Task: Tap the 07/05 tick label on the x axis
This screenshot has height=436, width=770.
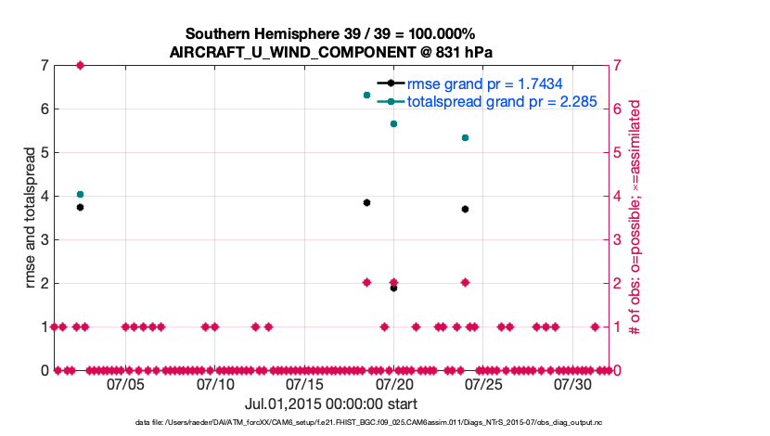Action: (126, 384)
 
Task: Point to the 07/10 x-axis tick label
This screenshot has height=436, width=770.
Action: (215, 384)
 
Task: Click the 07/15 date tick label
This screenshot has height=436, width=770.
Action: (304, 384)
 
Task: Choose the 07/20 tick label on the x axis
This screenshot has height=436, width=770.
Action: (393, 384)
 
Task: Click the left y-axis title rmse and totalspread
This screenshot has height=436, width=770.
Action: (31, 217)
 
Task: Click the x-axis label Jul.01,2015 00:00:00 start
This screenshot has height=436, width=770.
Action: (331, 404)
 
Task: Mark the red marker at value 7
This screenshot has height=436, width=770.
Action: (81, 65)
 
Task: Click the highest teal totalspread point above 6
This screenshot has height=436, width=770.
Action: (366, 95)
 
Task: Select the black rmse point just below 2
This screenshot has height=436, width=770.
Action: (393, 288)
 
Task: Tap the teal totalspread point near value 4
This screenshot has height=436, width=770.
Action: (81, 194)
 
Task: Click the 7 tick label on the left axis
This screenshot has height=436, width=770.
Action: (45, 65)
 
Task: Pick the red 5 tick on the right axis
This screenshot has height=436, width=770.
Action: (617, 152)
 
